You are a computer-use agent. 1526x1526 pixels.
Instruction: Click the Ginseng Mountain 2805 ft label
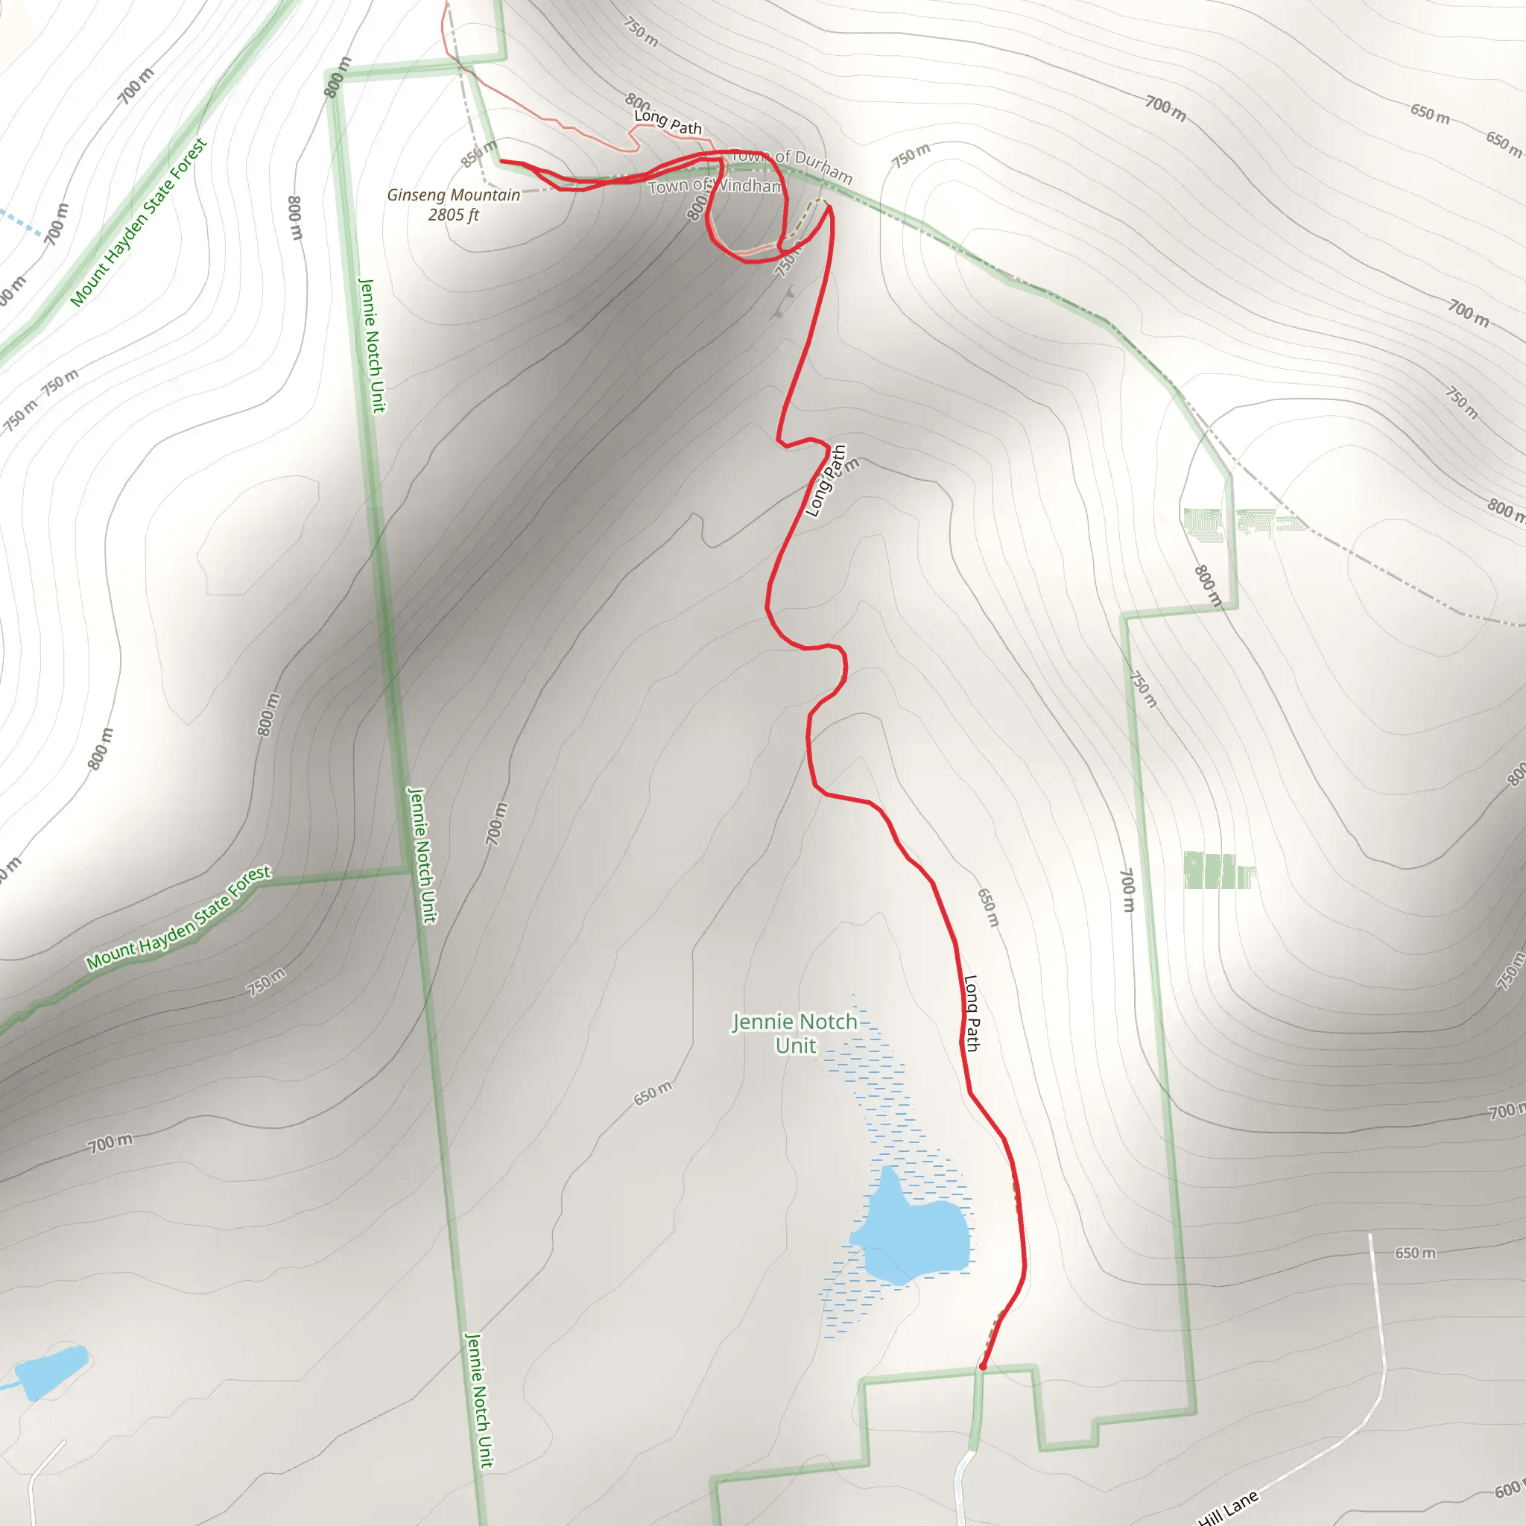(453, 205)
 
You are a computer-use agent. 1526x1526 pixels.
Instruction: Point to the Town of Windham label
(715, 186)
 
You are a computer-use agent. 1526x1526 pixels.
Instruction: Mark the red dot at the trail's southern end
(983, 1366)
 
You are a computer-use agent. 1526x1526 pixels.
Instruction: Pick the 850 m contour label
(478, 153)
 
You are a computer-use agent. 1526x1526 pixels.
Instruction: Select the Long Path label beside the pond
(972, 1013)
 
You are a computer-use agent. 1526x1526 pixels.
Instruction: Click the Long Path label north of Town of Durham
(668, 121)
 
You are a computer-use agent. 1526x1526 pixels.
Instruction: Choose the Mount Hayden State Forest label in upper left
(139, 222)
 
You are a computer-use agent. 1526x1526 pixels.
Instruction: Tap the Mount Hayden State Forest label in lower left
(179, 918)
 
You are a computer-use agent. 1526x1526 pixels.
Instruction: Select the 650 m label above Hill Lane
(1415, 1253)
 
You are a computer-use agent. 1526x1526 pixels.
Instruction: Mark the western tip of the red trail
(501, 161)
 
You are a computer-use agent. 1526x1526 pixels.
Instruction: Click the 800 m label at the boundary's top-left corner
(338, 77)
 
